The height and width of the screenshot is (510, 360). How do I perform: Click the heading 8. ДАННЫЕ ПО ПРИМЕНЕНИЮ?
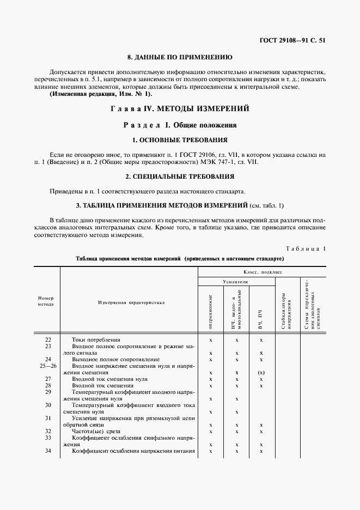tap(179, 57)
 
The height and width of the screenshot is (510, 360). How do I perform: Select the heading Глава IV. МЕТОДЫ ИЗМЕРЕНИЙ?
tap(179, 108)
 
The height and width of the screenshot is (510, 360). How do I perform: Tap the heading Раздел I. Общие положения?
tap(179, 125)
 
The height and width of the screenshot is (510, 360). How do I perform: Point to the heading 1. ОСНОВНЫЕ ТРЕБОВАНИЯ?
tap(179, 140)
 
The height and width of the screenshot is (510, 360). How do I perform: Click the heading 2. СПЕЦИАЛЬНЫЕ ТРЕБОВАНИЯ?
tap(179, 176)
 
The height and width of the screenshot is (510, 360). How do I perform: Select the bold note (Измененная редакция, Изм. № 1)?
tap(101, 94)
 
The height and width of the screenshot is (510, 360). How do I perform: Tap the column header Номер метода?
tap(46, 301)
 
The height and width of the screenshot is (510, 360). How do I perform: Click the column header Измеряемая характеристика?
tap(131, 301)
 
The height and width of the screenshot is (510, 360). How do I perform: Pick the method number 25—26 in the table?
tap(47, 366)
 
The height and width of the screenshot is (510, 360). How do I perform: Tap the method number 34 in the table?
tap(47, 451)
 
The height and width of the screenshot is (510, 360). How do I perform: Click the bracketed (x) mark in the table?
tap(261, 373)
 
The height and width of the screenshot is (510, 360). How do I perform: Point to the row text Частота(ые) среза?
tap(95, 430)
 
